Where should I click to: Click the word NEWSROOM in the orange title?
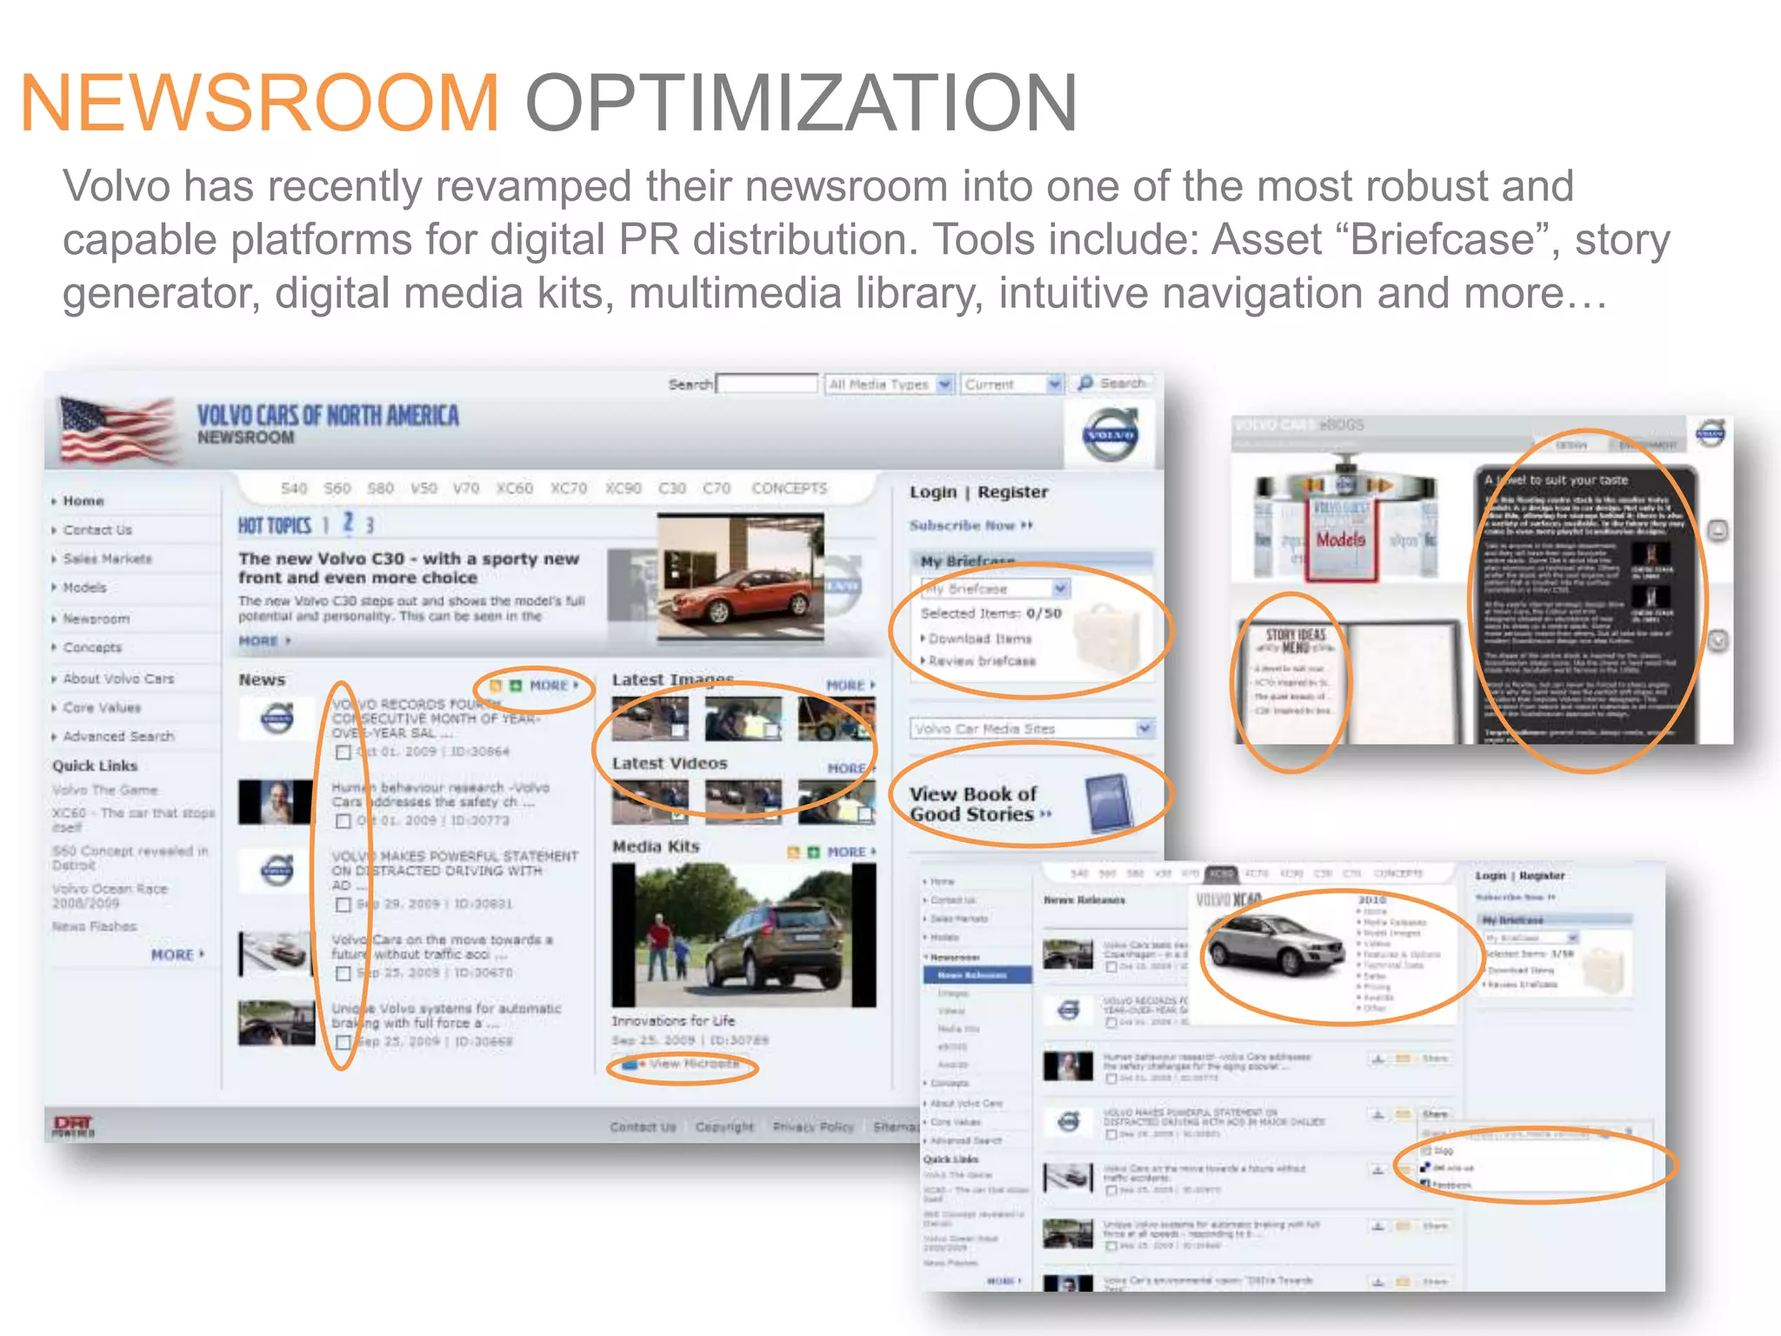click(x=259, y=103)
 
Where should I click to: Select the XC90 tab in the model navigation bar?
click(x=623, y=489)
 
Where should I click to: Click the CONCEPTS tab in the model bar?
click(x=789, y=489)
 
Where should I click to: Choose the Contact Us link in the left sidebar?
click(x=97, y=530)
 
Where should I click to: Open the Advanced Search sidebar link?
click(x=118, y=737)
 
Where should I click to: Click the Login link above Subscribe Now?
click(x=932, y=492)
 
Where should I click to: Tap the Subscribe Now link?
click(x=963, y=525)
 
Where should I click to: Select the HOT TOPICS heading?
click(x=275, y=525)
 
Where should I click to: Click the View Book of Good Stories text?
click(x=972, y=805)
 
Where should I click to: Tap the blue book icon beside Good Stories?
click(x=1110, y=802)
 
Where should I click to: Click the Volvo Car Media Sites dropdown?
click(x=1032, y=729)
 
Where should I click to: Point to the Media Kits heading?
click(x=656, y=846)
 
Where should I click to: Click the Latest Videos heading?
click(x=669, y=764)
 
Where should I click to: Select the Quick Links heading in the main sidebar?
click(x=95, y=766)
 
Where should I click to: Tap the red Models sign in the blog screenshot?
click(x=1340, y=540)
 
